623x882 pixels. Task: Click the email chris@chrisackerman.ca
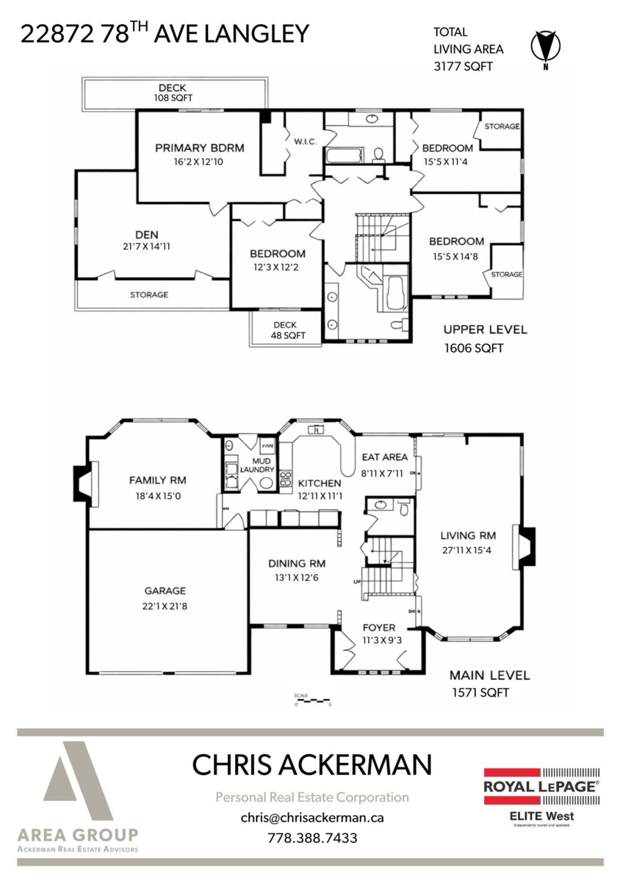click(x=312, y=817)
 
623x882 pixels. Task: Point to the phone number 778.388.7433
click(x=312, y=837)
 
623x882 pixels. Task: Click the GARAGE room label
click(x=165, y=590)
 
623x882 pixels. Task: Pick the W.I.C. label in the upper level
click(x=305, y=141)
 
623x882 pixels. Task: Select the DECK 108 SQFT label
click(x=173, y=93)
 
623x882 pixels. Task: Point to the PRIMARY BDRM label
click(x=199, y=148)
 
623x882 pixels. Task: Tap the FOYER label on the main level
click(x=379, y=628)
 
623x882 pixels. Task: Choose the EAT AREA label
click(x=384, y=456)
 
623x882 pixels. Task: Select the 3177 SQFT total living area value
click(x=463, y=66)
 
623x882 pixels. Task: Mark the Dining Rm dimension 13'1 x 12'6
click(x=296, y=578)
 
